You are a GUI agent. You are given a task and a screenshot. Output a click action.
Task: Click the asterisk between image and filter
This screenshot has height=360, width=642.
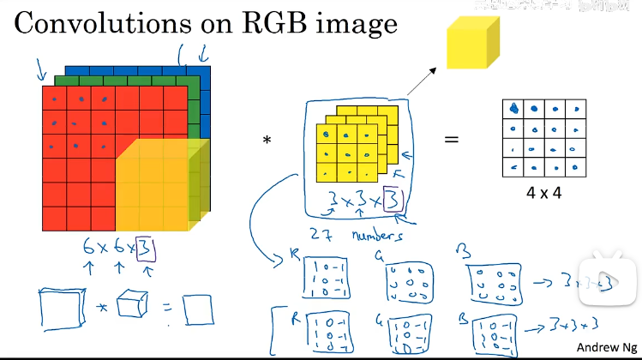[267, 140]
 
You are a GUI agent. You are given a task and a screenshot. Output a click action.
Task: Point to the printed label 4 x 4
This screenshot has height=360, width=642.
[544, 193]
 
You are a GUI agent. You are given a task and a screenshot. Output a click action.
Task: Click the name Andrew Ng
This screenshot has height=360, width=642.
[605, 347]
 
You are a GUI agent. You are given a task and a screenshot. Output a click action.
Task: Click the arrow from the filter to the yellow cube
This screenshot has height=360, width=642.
[420, 81]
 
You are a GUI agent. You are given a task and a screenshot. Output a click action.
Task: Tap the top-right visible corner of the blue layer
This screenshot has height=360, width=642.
[209, 67]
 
